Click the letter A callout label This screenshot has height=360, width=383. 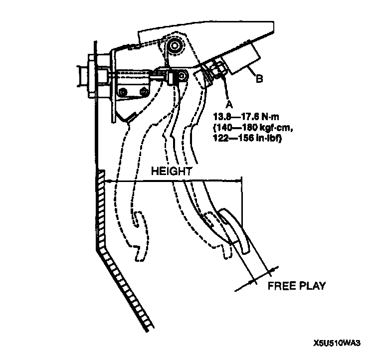[x=229, y=104]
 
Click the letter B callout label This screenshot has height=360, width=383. [x=259, y=78]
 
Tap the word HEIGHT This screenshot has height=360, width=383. [x=171, y=171]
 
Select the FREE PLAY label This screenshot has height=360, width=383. [x=296, y=286]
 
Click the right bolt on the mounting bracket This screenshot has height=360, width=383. [x=144, y=91]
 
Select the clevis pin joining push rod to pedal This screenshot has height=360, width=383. [x=182, y=76]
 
